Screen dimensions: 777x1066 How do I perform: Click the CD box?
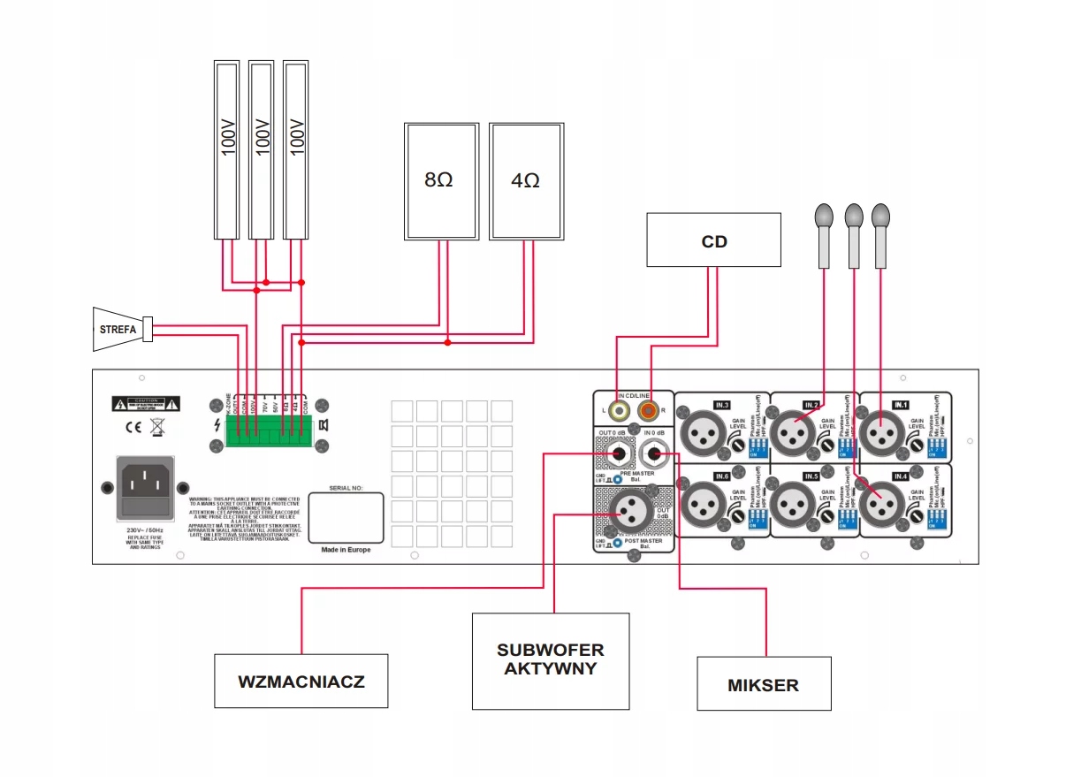(x=713, y=240)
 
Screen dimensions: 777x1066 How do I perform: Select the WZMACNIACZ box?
(x=301, y=681)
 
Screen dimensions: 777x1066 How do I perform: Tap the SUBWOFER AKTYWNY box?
(x=551, y=660)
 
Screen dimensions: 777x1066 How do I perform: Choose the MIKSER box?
(x=764, y=683)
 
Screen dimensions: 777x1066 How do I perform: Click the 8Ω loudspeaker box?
(x=441, y=181)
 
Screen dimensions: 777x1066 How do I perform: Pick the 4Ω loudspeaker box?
(x=526, y=181)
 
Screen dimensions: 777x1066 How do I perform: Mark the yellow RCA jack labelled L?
(x=616, y=411)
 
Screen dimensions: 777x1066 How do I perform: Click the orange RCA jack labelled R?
(x=651, y=411)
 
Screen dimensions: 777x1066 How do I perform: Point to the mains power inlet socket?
(x=146, y=486)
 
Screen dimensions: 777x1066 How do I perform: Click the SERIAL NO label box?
(x=346, y=516)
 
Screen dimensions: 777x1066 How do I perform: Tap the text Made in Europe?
(x=346, y=550)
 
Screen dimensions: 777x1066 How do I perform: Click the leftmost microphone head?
(x=824, y=215)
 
